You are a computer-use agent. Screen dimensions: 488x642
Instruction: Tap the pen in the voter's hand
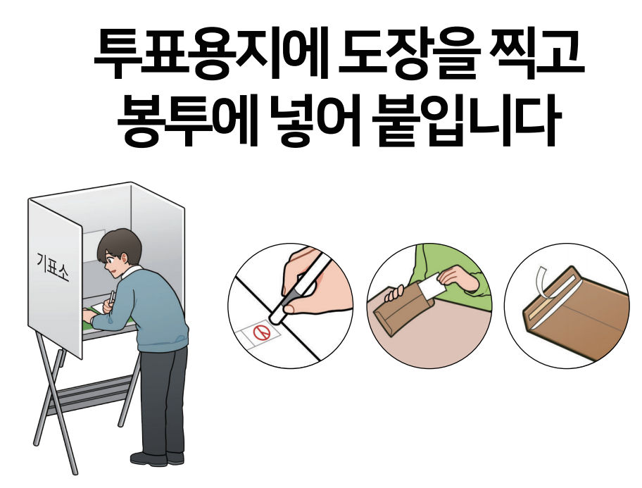[x=111, y=296]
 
